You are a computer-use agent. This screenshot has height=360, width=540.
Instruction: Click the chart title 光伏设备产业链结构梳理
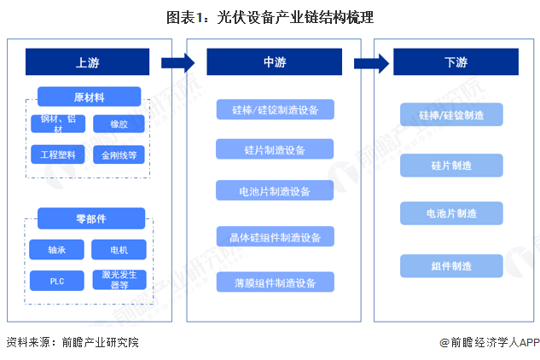[x=270, y=16]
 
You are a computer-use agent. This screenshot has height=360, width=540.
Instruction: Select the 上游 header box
[x=87, y=61]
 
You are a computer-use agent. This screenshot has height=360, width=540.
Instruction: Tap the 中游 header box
[x=274, y=61]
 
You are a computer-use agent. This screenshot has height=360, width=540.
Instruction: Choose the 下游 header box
[x=456, y=61]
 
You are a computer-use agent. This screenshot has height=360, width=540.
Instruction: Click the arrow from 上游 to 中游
[x=177, y=61]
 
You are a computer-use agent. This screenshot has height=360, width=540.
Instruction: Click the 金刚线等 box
[x=119, y=155]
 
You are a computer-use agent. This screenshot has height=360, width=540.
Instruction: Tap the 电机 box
[x=119, y=250]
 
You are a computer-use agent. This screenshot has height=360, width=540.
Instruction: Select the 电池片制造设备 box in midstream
[x=274, y=191]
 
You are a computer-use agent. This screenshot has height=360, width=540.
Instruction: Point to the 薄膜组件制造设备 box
[x=274, y=282]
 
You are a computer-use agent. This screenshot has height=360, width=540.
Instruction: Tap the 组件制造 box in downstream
[x=451, y=266]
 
